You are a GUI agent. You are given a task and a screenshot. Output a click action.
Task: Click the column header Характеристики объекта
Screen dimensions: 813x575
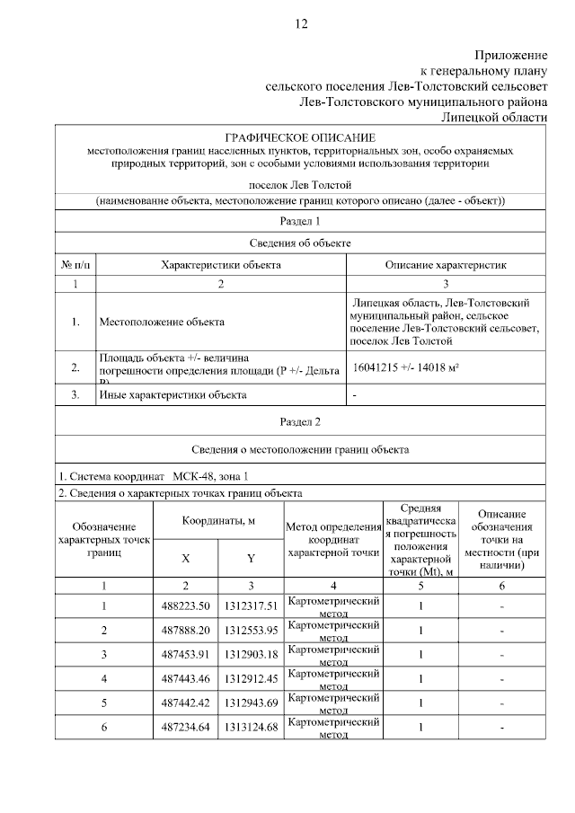(x=220, y=265)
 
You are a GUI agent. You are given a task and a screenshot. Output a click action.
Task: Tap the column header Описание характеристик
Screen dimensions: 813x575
(x=446, y=265)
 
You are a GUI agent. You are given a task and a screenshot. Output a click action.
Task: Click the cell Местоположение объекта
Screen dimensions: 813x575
(x=162, y=322)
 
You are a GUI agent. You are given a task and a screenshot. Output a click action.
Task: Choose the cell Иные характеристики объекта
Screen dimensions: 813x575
(x=172, y=394)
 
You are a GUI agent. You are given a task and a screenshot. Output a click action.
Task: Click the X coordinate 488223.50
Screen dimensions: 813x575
(x=185, y=606)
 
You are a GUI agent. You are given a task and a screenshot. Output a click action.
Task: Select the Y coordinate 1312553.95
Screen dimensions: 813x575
(x=252, y=631)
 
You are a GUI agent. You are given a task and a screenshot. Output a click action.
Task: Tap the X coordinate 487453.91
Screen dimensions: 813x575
(x=185, y=654)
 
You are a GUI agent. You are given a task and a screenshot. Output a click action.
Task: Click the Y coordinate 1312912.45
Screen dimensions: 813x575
(x=252, y=678)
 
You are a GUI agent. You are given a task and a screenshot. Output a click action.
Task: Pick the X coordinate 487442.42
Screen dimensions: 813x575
(x=185, y=703)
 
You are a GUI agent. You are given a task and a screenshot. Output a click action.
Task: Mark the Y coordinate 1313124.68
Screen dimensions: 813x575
(x=252, y=727)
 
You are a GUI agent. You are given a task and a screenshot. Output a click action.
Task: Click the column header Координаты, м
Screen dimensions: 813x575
(x=218, y=521)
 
